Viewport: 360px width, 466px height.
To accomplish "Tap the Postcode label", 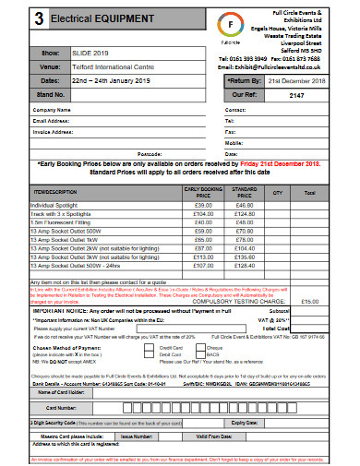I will pos(150,154).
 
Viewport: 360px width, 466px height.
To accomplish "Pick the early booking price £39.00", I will pos(204,205).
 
